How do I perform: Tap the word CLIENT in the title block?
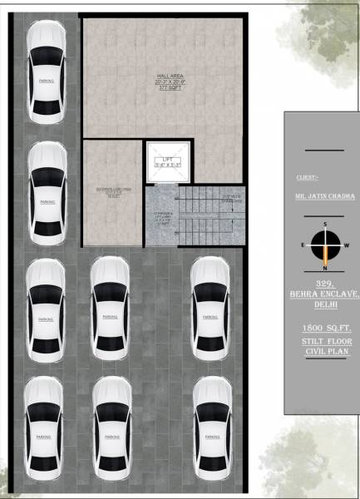pos(308,177)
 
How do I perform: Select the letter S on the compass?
pos(325,225)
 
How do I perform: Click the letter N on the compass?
pos(325,269)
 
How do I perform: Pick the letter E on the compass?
pos(303,245)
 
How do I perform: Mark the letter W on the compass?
pos(346,245)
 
